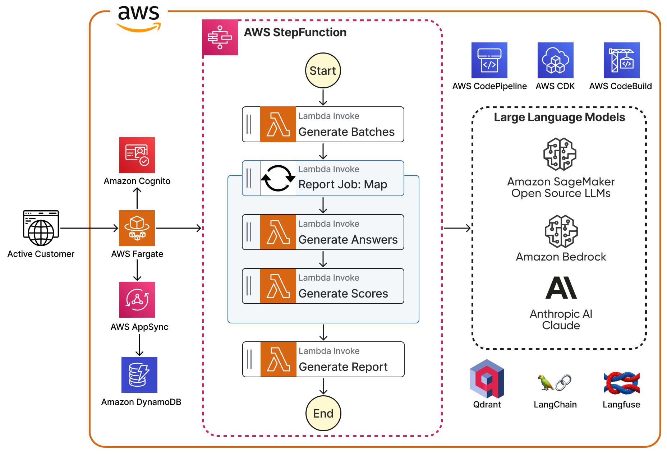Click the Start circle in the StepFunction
click(x=323, y=70)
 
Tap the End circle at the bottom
click(x=323, y=413)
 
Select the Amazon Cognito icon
click(x=137, y=155)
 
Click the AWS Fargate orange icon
click(x=137, y=228)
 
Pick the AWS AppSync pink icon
click(x=137, y=300)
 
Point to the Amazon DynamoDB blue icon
click(x=139, y=375)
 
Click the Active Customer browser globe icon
click(x=41, y=228)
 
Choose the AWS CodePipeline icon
click(x=489, y=60)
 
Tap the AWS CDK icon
click(x=556, y=60)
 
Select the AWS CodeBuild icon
click(x=622, y=60)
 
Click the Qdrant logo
click(x=487, y=379)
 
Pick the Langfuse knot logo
click(x=622, y=383)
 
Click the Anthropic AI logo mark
click(x=561, y=288)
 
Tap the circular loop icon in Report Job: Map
click(x=278, y=178)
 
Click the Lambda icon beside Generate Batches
click(x=278, y=124)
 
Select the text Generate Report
click(x=343, y=367)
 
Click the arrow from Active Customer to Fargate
click(x=89, y=228)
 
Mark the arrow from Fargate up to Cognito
click(x=137, y=198)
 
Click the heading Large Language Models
click(x=560, y=118)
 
